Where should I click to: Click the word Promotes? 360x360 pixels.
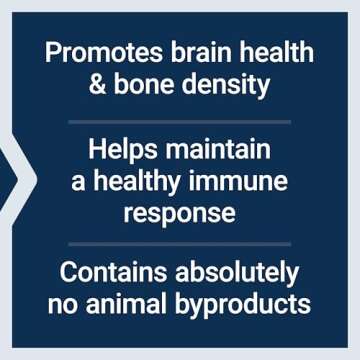tap(93, 53)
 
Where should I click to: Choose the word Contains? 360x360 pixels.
tap(111, 272)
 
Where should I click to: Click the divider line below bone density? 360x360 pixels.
tap(180, 121)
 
